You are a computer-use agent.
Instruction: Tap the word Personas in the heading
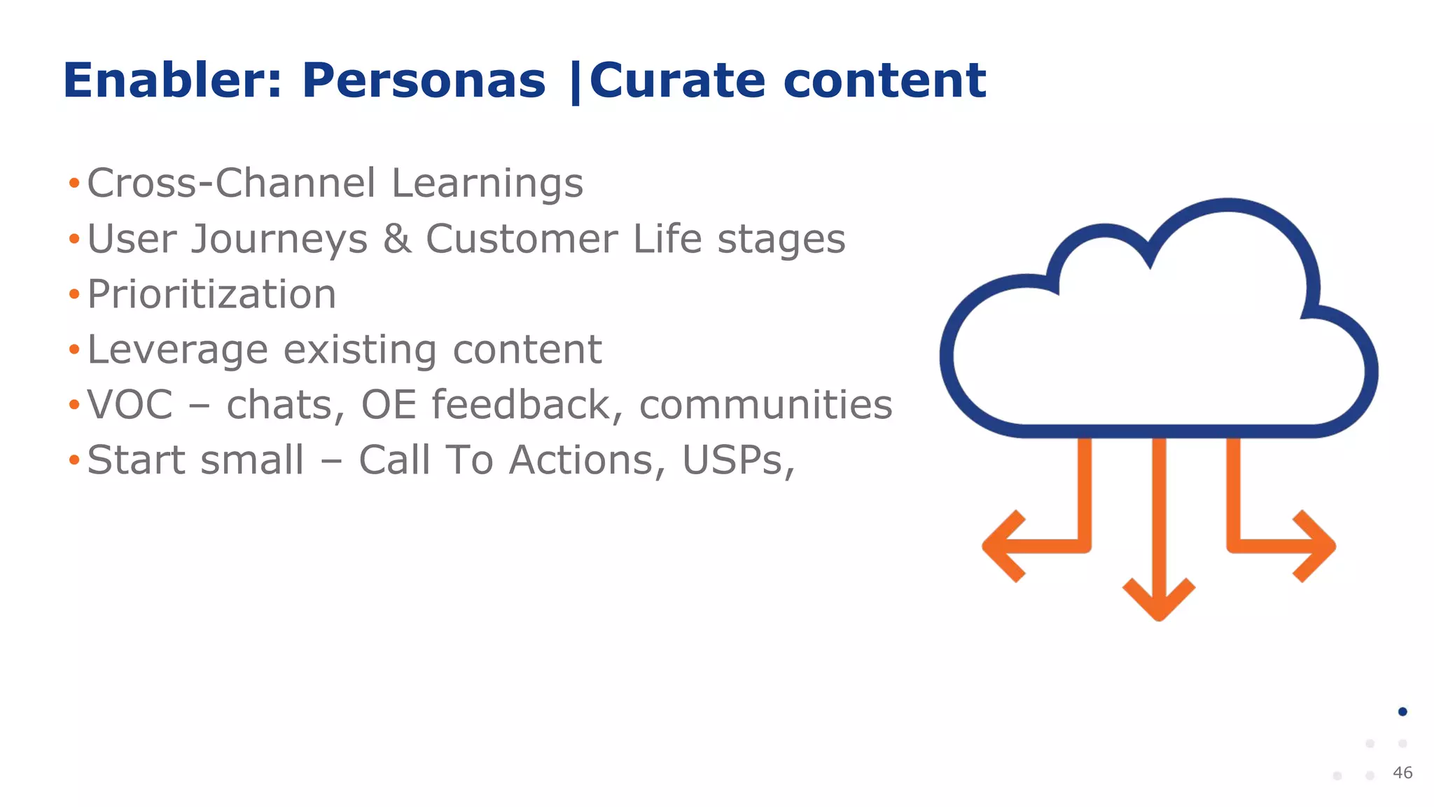(423, 81)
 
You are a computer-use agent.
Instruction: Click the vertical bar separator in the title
(576, 82)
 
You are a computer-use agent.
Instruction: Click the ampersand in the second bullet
(397, 239)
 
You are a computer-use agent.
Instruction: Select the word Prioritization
(211, 294)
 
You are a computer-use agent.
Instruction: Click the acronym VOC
(130, 405)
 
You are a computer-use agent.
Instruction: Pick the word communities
(765, 405)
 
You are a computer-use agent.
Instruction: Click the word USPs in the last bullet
(737, 461)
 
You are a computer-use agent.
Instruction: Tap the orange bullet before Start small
(74, 461)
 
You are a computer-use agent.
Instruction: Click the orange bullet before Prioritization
(74, 294)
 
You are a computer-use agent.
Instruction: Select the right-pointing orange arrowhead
(1316, 546)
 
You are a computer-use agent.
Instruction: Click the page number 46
(1402, 773)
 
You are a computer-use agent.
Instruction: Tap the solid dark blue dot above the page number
(1402, 712)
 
